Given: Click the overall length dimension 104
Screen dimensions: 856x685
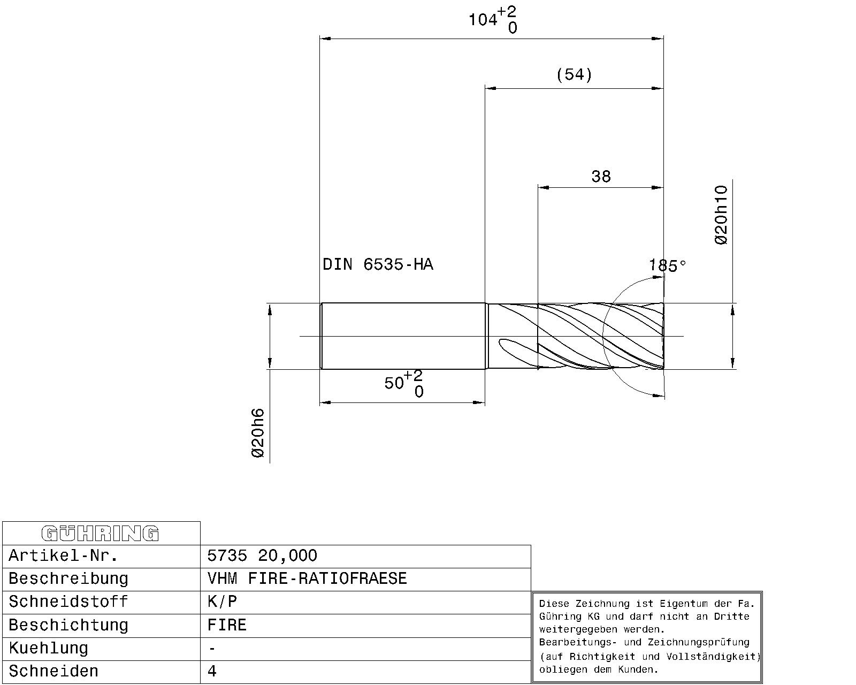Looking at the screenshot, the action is point(492,19).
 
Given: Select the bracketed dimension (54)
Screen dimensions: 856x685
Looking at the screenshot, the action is point(574,74).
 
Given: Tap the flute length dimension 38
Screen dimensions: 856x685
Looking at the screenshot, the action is point(601,176).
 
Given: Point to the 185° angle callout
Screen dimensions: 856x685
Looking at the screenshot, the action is point(668,265).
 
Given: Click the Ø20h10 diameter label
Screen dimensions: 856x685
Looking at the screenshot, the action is point(721,215).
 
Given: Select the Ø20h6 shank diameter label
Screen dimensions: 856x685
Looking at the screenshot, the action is point(258,433).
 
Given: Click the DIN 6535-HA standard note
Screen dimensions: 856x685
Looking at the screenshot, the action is point(378,264).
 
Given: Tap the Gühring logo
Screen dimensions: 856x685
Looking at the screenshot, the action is point(100,534).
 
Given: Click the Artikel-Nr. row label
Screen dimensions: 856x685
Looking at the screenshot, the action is point(63,555).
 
